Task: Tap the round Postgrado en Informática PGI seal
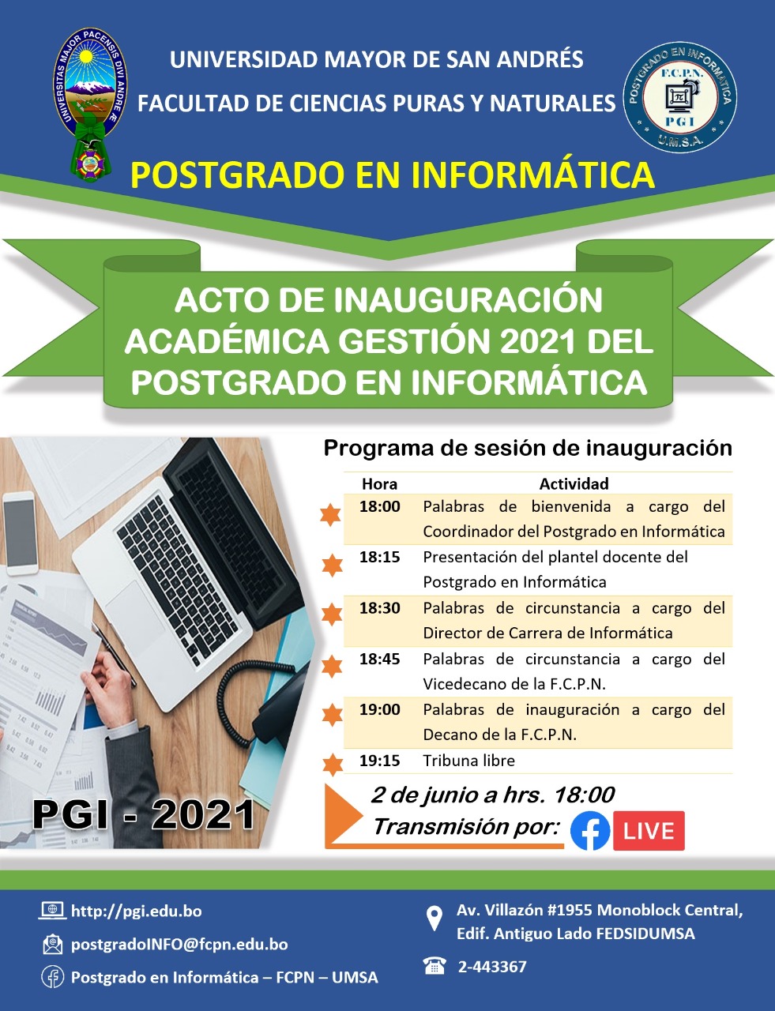click(x=680, y=97)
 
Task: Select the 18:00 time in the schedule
click(x=379, y=506)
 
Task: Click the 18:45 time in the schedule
click(x=379, y=659)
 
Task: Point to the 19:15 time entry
click(x=379, y=761)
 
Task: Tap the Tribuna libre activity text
click(x=469, y=761)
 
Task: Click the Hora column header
click(x=379, y=484)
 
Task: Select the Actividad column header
click(x=574, y=484)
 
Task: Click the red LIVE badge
click(x=649, y=830)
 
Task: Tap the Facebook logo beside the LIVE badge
click(x=590, y=831)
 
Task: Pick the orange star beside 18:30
click(x=332, y=614)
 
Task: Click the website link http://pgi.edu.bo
click(x=137, y=911)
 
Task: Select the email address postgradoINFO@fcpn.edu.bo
click(x=179, y=945)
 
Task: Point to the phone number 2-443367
click(x=492, y=966)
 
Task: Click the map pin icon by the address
click(x=434, y=918)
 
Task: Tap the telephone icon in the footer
click(x=435, y=965)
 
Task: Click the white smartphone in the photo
click(x=20, y=534)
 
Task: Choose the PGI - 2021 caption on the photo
click(x=144, y=814)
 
